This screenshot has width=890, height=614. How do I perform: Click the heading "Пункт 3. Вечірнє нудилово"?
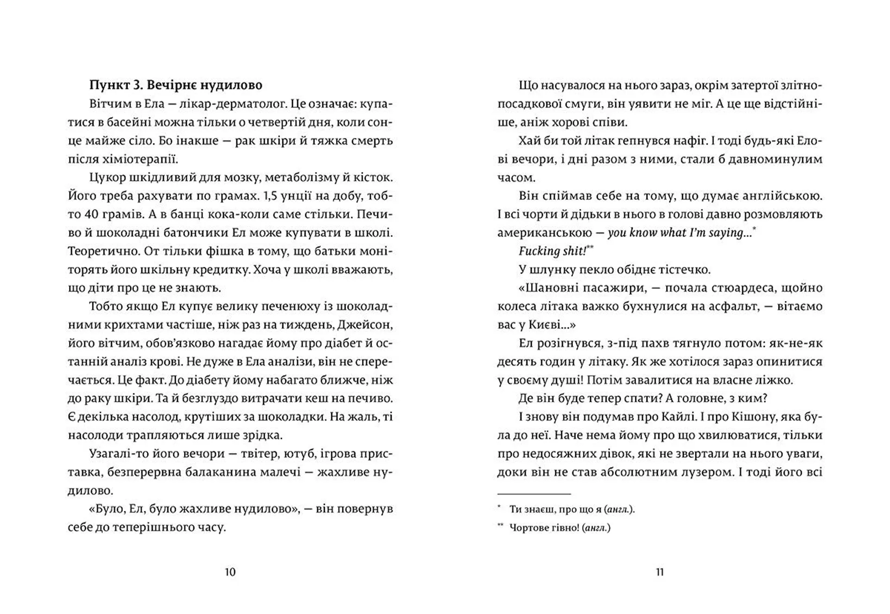click(176, 85)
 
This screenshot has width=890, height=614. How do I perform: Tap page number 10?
click(230, 572)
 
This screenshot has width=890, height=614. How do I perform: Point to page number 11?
click(660, 572)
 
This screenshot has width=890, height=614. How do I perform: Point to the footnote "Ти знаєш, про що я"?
click(556, 509)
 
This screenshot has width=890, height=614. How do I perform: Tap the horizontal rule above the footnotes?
click(534, 494)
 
